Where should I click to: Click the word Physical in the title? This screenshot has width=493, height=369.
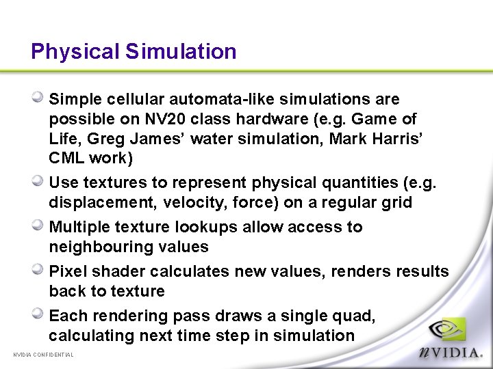(x=75, y=52)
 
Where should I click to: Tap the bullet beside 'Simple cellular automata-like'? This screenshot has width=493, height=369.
(x=40, y=98)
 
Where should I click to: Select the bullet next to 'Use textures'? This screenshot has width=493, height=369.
(x=40, y=181)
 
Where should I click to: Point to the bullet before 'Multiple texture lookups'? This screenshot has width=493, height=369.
(x=40, y=225)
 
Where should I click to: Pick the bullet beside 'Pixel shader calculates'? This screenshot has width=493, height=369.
(x=40, y=270)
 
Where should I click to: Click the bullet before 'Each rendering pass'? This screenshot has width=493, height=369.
(x=40, y=314)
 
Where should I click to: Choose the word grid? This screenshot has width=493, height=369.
(x=397, y=203)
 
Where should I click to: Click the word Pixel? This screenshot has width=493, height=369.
(x=66, y=271)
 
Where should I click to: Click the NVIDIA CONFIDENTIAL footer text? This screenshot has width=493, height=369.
(x=44, y=355)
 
